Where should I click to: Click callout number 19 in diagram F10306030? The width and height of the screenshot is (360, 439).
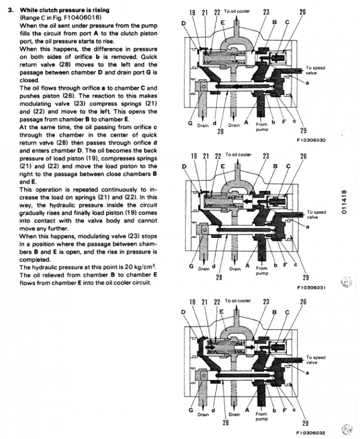click(193, 12)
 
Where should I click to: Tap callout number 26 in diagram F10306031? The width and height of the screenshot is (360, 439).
click(303, 156)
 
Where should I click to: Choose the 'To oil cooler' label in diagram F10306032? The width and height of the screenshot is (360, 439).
click(238, 300)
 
